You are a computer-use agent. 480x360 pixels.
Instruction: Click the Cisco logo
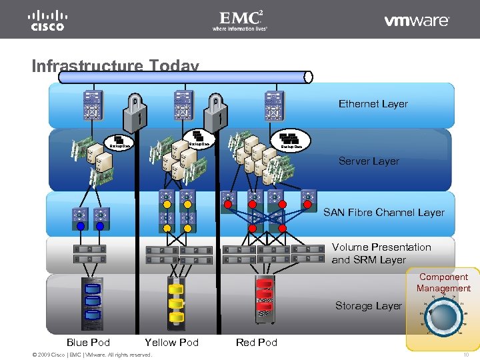tap(47, 19)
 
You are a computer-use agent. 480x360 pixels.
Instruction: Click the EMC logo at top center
tap(240, 19)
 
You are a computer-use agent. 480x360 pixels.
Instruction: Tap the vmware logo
tap(417, 21)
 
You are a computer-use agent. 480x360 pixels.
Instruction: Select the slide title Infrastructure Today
tap(115, 66)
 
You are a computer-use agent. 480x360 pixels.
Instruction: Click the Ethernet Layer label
tap(373, 103)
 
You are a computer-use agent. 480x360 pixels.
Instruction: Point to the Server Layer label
tap(369, 161)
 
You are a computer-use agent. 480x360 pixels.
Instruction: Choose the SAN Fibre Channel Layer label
tap(383, 212)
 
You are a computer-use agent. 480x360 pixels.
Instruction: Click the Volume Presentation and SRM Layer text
tap(381, 253)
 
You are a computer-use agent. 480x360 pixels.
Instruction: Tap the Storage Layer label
tap(369, 305)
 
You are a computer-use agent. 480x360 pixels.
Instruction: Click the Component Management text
tap(443, 283)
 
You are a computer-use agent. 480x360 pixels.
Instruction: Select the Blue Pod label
tap(88, 342)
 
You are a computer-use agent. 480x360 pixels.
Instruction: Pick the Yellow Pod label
tap(171, 342)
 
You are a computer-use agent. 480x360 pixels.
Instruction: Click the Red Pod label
tap(256, 342)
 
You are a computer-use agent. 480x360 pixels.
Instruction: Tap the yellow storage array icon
tap(175, 302)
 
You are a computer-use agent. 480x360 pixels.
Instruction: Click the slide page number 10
tap(466, 354)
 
